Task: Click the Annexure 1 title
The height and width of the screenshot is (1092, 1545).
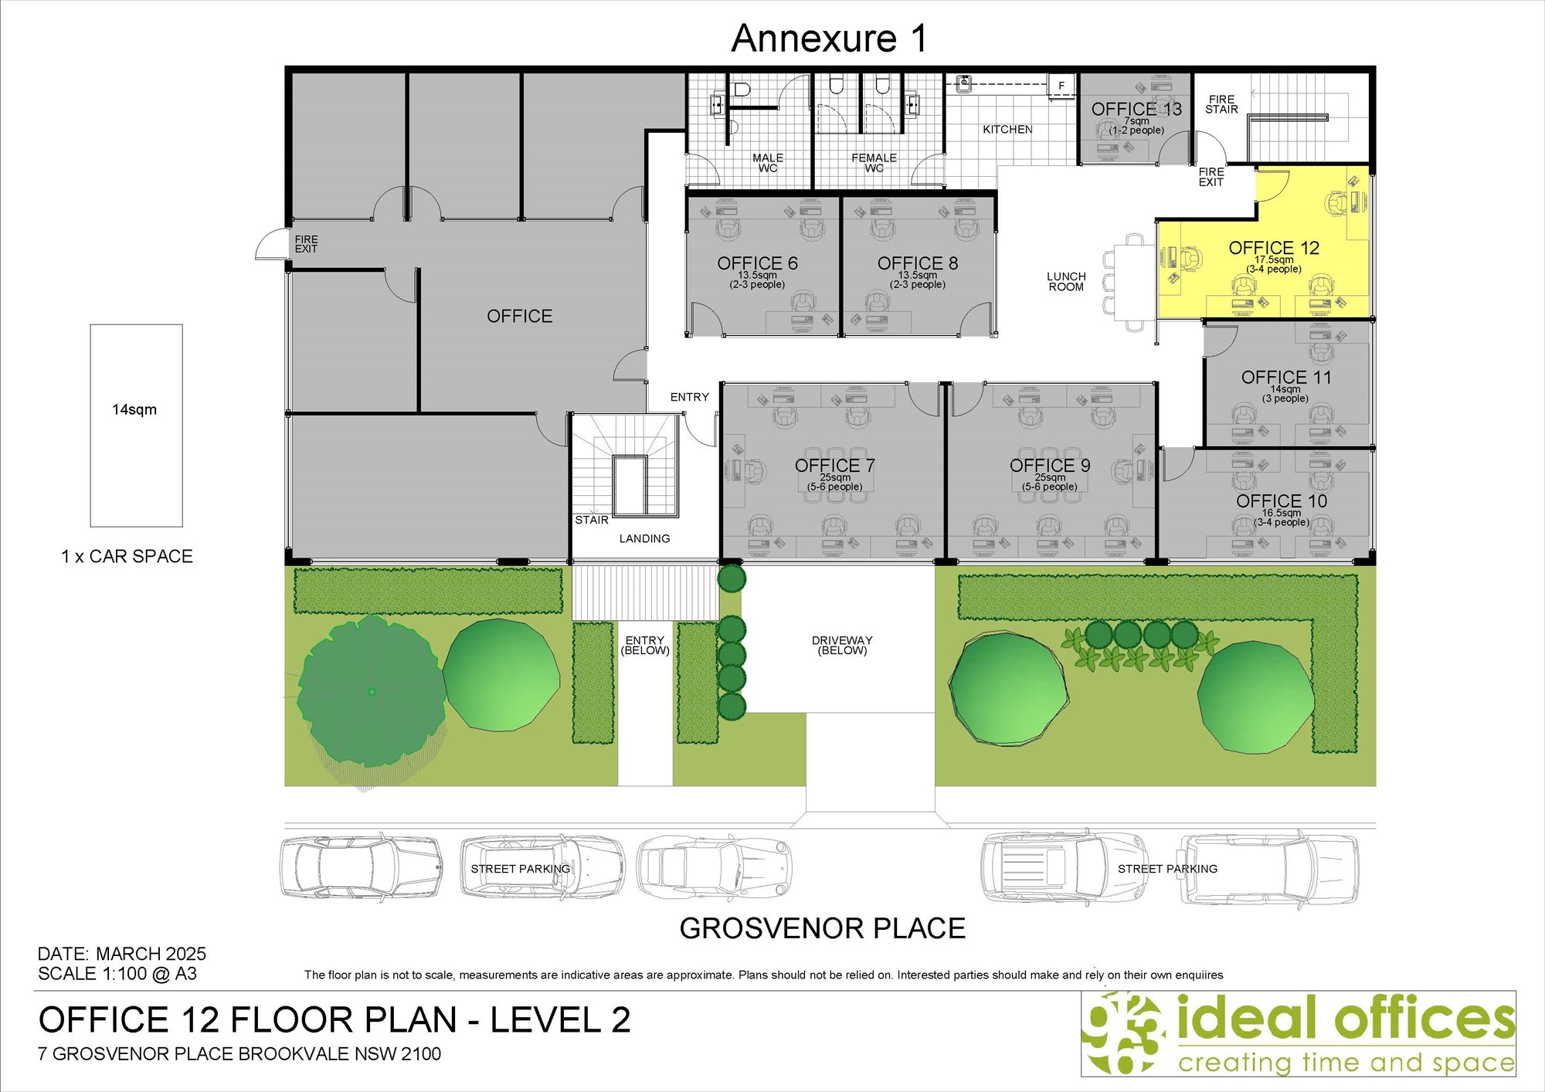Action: (x=829, y=39)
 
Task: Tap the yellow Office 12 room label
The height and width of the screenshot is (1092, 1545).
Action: (x=1274, y=248)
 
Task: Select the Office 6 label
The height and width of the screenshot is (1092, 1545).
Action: (x=757, y=263)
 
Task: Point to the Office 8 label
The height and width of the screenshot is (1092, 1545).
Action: (x=918, y=263)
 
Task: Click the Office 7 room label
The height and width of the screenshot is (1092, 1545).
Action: (x=835, y=466)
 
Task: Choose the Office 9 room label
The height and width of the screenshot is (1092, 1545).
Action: (x=1050, y=466)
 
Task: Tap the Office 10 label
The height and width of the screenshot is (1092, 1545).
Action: (x=1282, y=501)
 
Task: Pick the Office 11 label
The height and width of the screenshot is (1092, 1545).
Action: (x=1286, y=378)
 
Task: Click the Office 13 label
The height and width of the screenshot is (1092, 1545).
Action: (x=1136, y=109)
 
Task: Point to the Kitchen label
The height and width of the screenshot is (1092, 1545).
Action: (x=1007, y=130)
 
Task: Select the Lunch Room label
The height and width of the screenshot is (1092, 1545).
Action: (x=1066, y=282)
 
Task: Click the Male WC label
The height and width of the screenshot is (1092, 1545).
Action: (x=768, y=163)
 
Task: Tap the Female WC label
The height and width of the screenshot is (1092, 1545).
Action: (x=874, y=163)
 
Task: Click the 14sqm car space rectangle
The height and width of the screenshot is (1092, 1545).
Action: (x=137, y=426)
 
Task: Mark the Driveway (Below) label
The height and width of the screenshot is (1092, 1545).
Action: (x=842, y=646)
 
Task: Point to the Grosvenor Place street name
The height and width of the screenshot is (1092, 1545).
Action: (x=823, y=928)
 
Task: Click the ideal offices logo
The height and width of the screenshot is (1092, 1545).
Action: (x=1298, y=1033)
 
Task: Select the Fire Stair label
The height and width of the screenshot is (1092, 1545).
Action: (x=1221, y=104)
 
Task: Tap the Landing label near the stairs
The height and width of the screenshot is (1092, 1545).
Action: (x=644, y=539)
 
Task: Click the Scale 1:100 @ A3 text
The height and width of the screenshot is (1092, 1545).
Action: (x=117, y=974)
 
